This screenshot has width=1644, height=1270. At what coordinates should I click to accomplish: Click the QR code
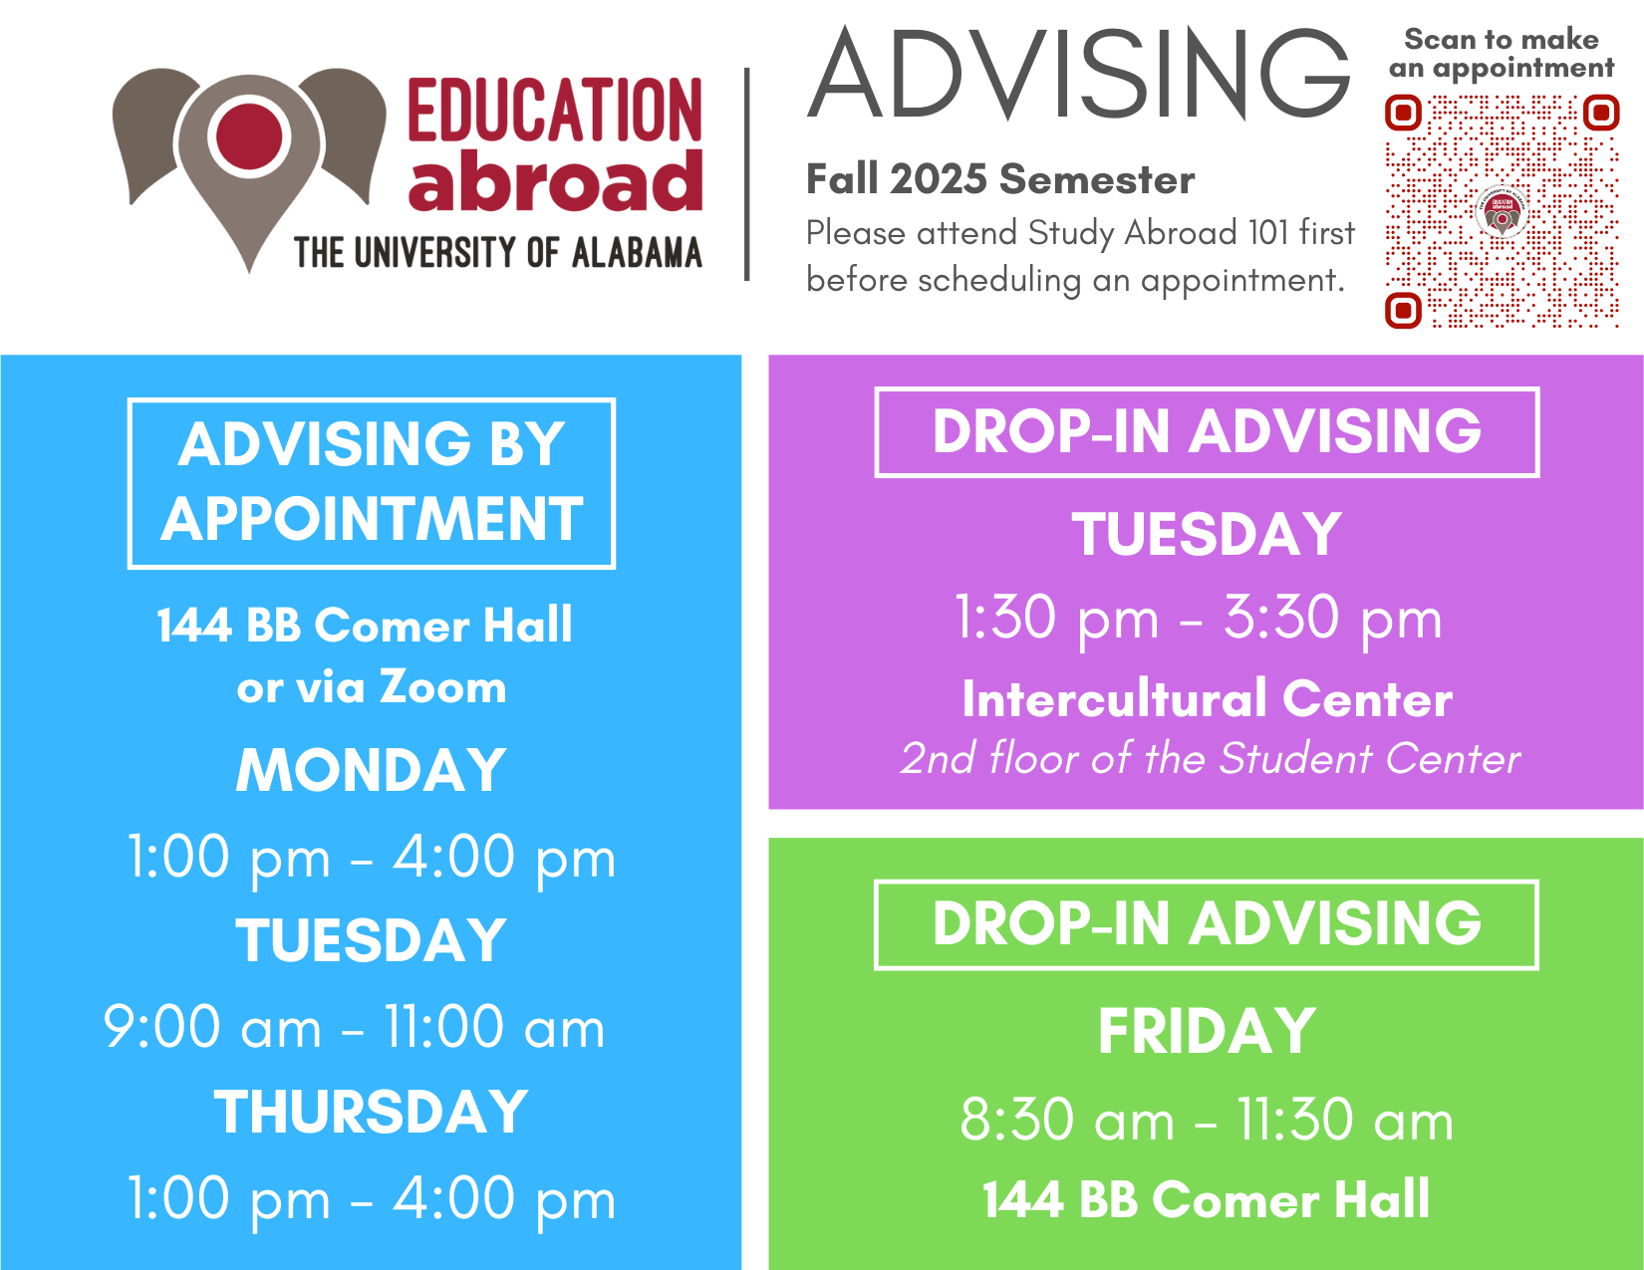pos(1501,211)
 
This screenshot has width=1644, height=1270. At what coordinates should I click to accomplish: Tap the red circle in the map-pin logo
pos(249,136)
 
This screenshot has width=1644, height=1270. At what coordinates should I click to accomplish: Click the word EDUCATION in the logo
pos(555,110)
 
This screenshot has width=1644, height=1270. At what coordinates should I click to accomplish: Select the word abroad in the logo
pos(555,180)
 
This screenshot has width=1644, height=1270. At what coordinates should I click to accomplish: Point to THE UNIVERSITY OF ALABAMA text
pos(498,252)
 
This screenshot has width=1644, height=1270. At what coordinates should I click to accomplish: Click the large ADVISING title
pos(1079,73)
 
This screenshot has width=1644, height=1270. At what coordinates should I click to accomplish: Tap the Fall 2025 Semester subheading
pos(1000,179)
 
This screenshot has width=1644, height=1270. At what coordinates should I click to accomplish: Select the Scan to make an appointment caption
pos(1501,53)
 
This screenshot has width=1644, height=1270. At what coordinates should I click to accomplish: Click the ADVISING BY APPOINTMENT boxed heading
pos(372,482)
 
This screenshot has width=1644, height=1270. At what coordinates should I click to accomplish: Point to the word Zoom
pos(442,687)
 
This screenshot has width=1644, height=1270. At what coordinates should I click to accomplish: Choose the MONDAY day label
pos(371,770)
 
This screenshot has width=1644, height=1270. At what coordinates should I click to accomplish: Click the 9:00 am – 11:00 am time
pos(355,1027)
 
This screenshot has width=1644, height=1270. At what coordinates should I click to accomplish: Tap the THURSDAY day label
pos(371,1112)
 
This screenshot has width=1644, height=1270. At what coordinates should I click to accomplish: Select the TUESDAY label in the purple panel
pos(1207,534)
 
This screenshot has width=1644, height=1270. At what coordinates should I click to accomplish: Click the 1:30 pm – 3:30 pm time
pos(1199,618)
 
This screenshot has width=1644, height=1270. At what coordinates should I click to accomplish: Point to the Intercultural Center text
pos(1207,698)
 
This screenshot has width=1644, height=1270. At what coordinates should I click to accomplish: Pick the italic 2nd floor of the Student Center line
pos(1210,758)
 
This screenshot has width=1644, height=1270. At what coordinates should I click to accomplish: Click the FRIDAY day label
pos(1207,1031)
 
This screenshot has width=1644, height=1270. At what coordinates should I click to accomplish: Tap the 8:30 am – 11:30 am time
pos(1207,1120)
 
